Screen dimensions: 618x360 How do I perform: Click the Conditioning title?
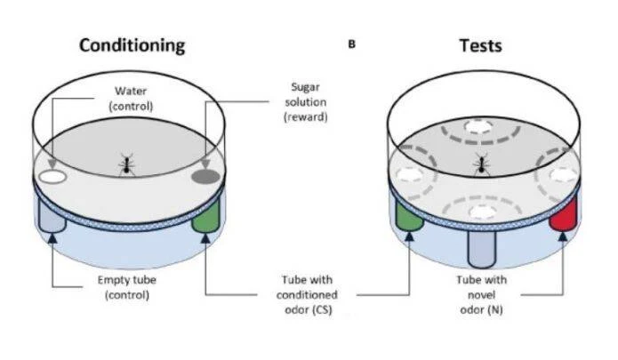coord(132,45)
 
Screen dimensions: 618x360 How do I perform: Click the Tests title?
coord(480,45)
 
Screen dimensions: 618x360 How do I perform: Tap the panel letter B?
coord(351,44)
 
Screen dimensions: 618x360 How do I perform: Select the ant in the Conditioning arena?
coord(126,165)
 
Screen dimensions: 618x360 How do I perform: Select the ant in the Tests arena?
coord(481,164)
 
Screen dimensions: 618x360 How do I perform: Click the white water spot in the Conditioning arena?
coord(52,177)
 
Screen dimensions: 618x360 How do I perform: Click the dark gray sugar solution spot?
coord(205,177)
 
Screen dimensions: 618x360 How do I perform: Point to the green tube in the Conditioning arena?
coord(205,216)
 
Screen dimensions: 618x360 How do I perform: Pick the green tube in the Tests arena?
coord(410,216)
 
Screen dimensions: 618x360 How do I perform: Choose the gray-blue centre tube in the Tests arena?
coord(481,249)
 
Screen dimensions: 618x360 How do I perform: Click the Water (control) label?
coord(131,99)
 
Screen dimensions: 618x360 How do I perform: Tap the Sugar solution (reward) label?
coord(306,102)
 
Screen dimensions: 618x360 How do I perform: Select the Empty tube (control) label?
coord(127,287)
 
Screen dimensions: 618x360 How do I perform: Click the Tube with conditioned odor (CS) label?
coord(307,295)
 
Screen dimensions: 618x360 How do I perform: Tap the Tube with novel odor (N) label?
coord(481,295)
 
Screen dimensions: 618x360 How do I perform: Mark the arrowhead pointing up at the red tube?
coord(563,236)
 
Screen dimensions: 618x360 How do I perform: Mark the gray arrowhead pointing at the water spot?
coord(52,164)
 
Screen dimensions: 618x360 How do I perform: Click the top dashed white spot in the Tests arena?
coord(479,127)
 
